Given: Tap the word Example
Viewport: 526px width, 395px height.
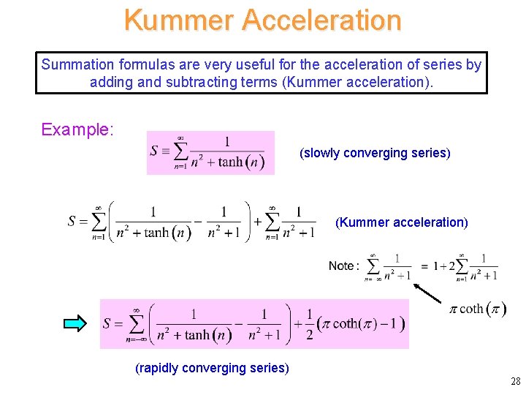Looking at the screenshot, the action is click(x=76, y=130).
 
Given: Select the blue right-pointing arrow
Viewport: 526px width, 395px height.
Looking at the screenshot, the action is click(x=75, y=323).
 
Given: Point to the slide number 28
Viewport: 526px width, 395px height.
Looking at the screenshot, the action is click(x=515, y=381).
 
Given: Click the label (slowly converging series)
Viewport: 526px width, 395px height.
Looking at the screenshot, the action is click(x=375, y=153).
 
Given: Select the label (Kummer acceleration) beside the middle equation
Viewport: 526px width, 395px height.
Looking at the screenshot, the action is click(x=401, y=222).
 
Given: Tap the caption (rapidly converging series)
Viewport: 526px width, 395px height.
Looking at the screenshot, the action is click(x=213, y=368).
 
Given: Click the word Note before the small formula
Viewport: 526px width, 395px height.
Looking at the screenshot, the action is click(x=341, y=266).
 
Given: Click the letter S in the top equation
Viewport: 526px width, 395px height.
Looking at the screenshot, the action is click(x=154, y=151).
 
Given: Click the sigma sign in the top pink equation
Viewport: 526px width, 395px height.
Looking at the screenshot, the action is click(x=180, y=151).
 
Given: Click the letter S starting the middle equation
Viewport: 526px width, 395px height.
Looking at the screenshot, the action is click(x=72, y=221).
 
